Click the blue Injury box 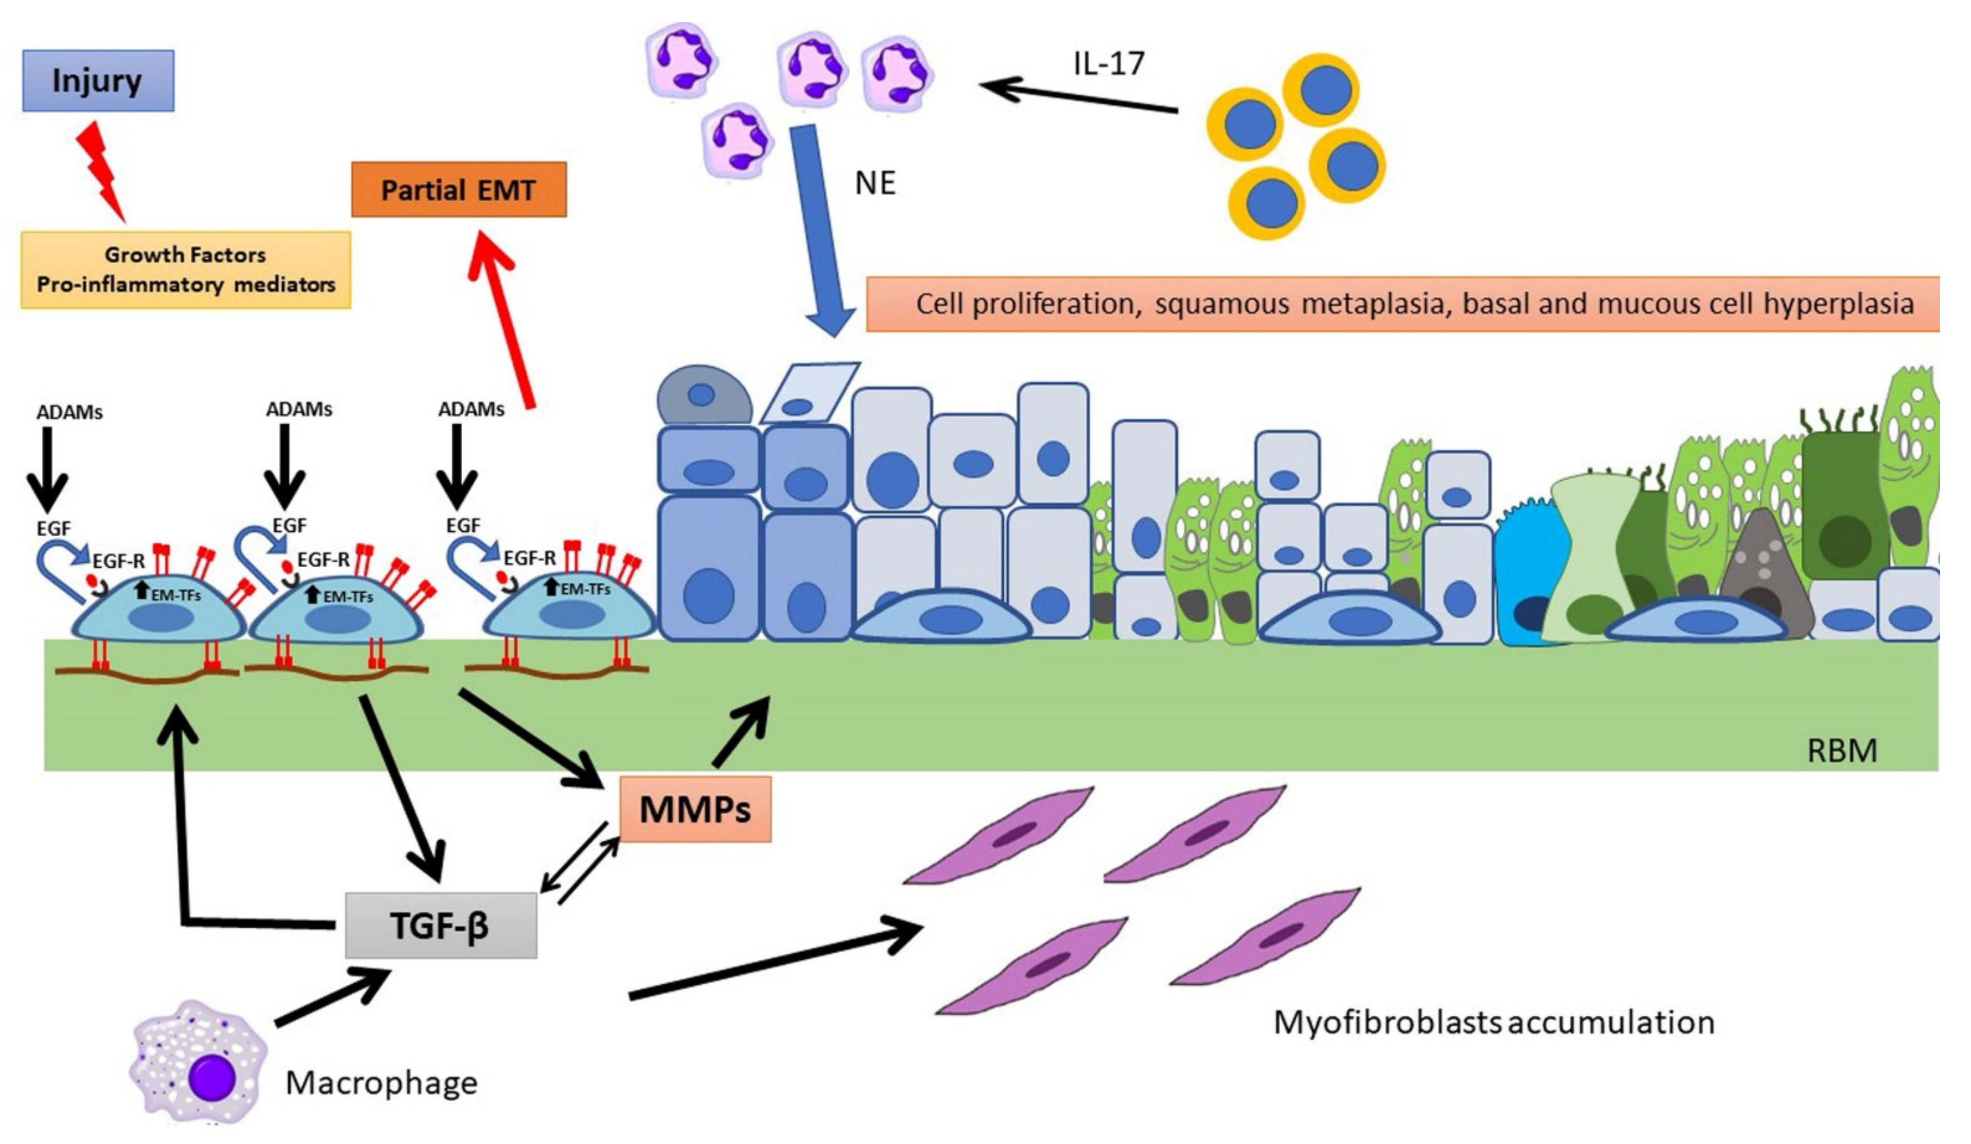(x=98, y=81)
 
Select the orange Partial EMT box (x=458, y=189)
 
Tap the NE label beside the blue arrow (x=874, y=183)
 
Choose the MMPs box (x=694, y=809)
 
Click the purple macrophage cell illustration (x=199, y=1061)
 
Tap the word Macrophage (x=381, y=1083)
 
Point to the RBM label (x=1841, y=751)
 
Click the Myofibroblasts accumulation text (x=1493, y=1022)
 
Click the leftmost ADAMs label (x=70, y=412)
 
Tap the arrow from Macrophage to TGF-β (x=332, y=997)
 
